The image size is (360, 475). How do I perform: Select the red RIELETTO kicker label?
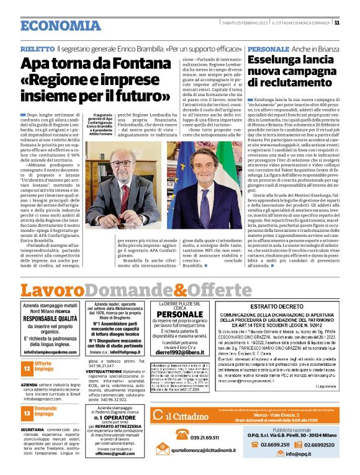(37, 48)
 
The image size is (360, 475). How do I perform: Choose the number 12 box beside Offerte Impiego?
(27, 368)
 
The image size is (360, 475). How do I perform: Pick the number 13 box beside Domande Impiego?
(27, 412)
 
